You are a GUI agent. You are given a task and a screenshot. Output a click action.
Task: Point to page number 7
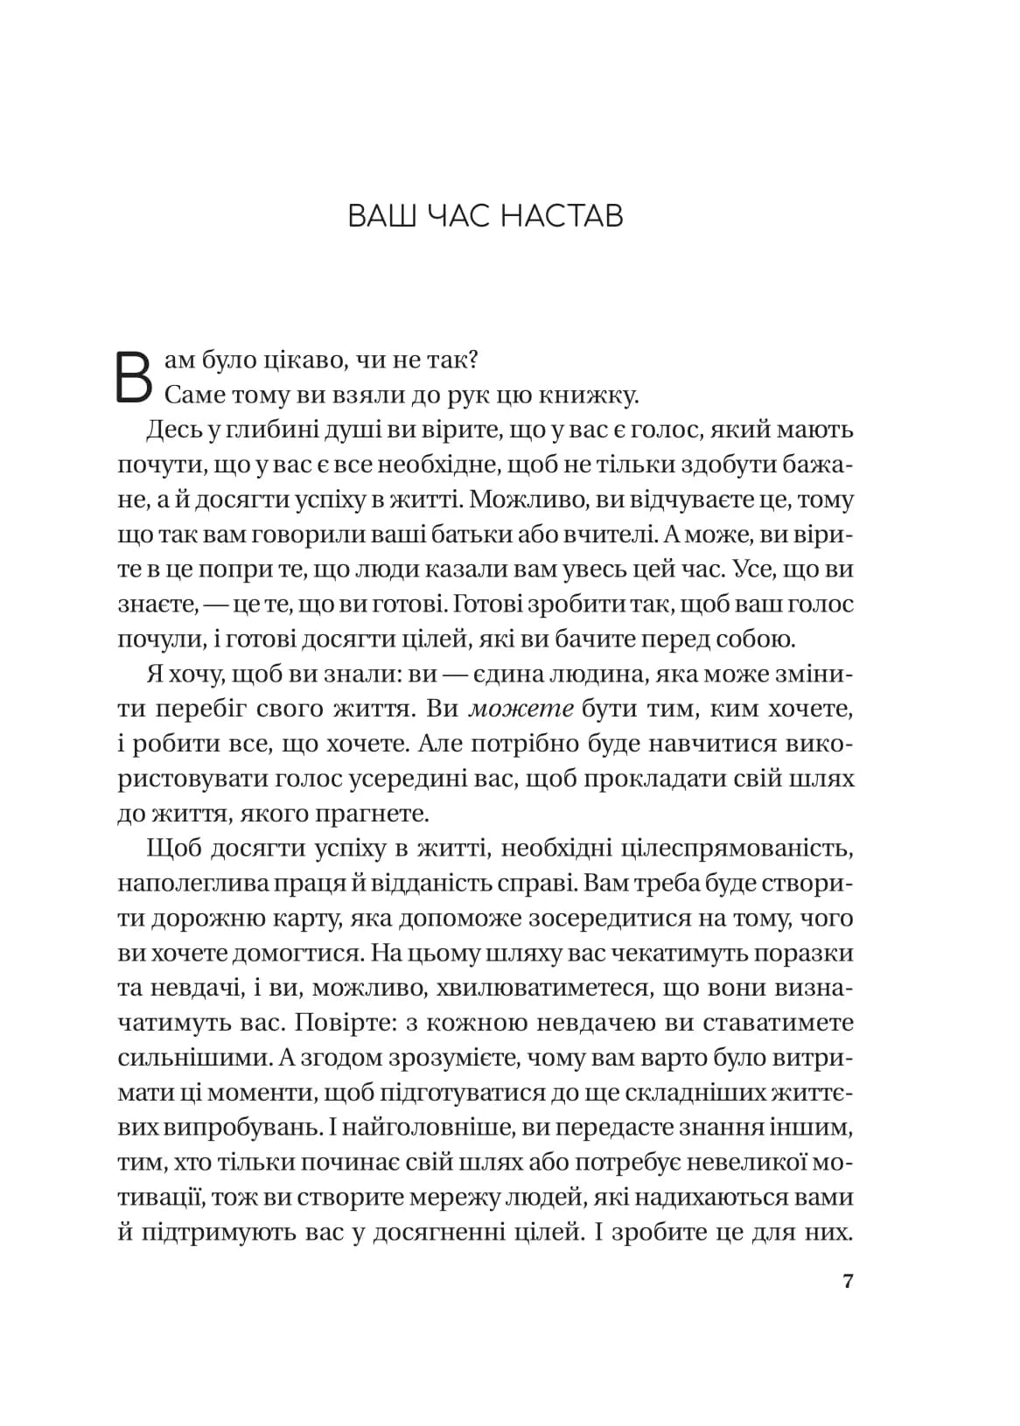coord(847,1283)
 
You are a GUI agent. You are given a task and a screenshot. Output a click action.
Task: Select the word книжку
coord(596,395)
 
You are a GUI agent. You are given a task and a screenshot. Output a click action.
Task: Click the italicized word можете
coord(520,710)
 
